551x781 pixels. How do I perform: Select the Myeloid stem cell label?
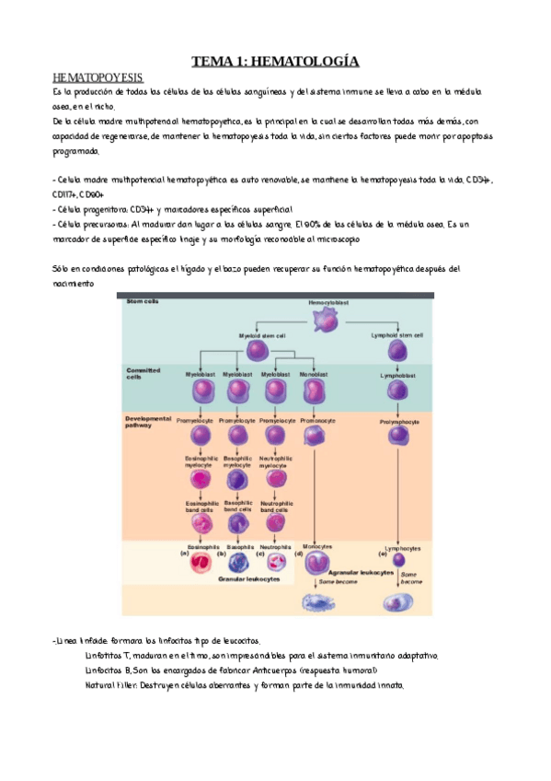[x=261, y=336]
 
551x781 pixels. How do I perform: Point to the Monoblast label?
[x=314, y=375]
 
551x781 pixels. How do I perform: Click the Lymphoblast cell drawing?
[x=399, y=393]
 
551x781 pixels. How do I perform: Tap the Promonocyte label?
[x=316, y=420]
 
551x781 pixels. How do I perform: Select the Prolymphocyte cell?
[x=399, y=436]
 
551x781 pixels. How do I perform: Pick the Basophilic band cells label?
[x=238, y=505]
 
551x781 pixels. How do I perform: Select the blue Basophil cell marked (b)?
[x=238, y=562]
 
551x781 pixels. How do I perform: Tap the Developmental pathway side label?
[x=148, y=420]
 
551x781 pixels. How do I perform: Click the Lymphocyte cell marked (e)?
[x=398, y=560]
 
